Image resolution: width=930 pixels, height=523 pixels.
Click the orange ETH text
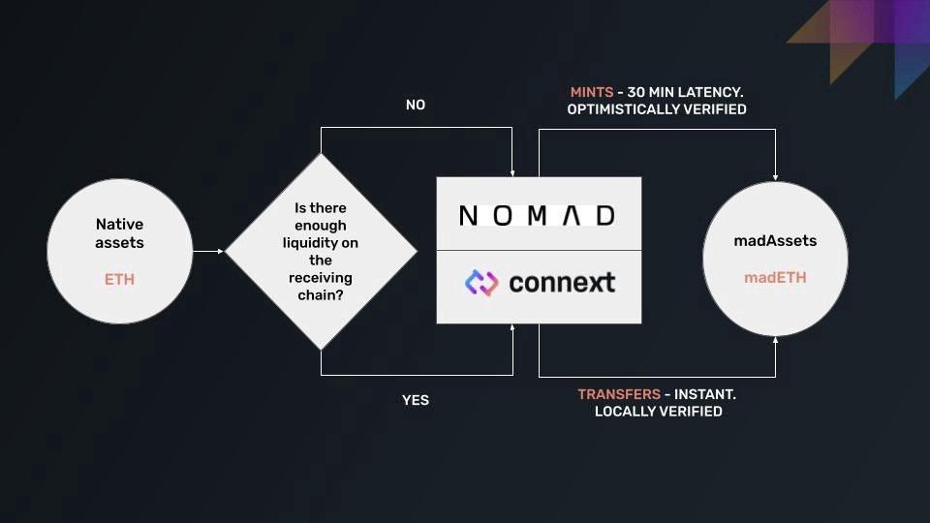pyautogui.click(x=119, y=279)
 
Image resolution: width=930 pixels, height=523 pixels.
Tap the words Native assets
pyautogui.click(x=119, y=233)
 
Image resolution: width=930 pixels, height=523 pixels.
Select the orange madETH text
pyautogui.click(x=774, y=277)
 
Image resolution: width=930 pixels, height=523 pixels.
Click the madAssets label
pyautogui.click(x=774, y=240)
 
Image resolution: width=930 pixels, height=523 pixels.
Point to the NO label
pyautogui.click(x=415, y=105)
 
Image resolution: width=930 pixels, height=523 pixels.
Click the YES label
pyautogui.click(x=415, y=399)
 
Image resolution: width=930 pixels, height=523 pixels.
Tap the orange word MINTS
pyautogui.click(x=591, y=92)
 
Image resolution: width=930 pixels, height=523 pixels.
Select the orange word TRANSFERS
pyautogui.click(x=619, y=394)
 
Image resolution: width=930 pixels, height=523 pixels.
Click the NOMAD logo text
pyautogui.click(x=538, y=215)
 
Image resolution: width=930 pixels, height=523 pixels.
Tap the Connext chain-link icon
pyautogui.click(x=480, y=283)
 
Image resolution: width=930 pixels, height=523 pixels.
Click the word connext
pyautogui.click(x=562, y=283)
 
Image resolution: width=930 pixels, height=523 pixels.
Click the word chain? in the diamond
pyautogui.click(x=321, y=294)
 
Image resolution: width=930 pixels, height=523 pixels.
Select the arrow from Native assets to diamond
pyautogui.click(x=209, y=251)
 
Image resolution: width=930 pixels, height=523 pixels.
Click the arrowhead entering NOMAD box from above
pyautogui.click(x=511, y=171)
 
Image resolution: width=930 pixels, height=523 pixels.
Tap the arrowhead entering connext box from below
pyautogui.click(x=511, y=329)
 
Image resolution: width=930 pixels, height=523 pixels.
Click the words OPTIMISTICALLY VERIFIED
pyautogui.click(x=657, y=109)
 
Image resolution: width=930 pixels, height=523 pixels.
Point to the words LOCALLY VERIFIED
pyautogui.click(x=658, y=412)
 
